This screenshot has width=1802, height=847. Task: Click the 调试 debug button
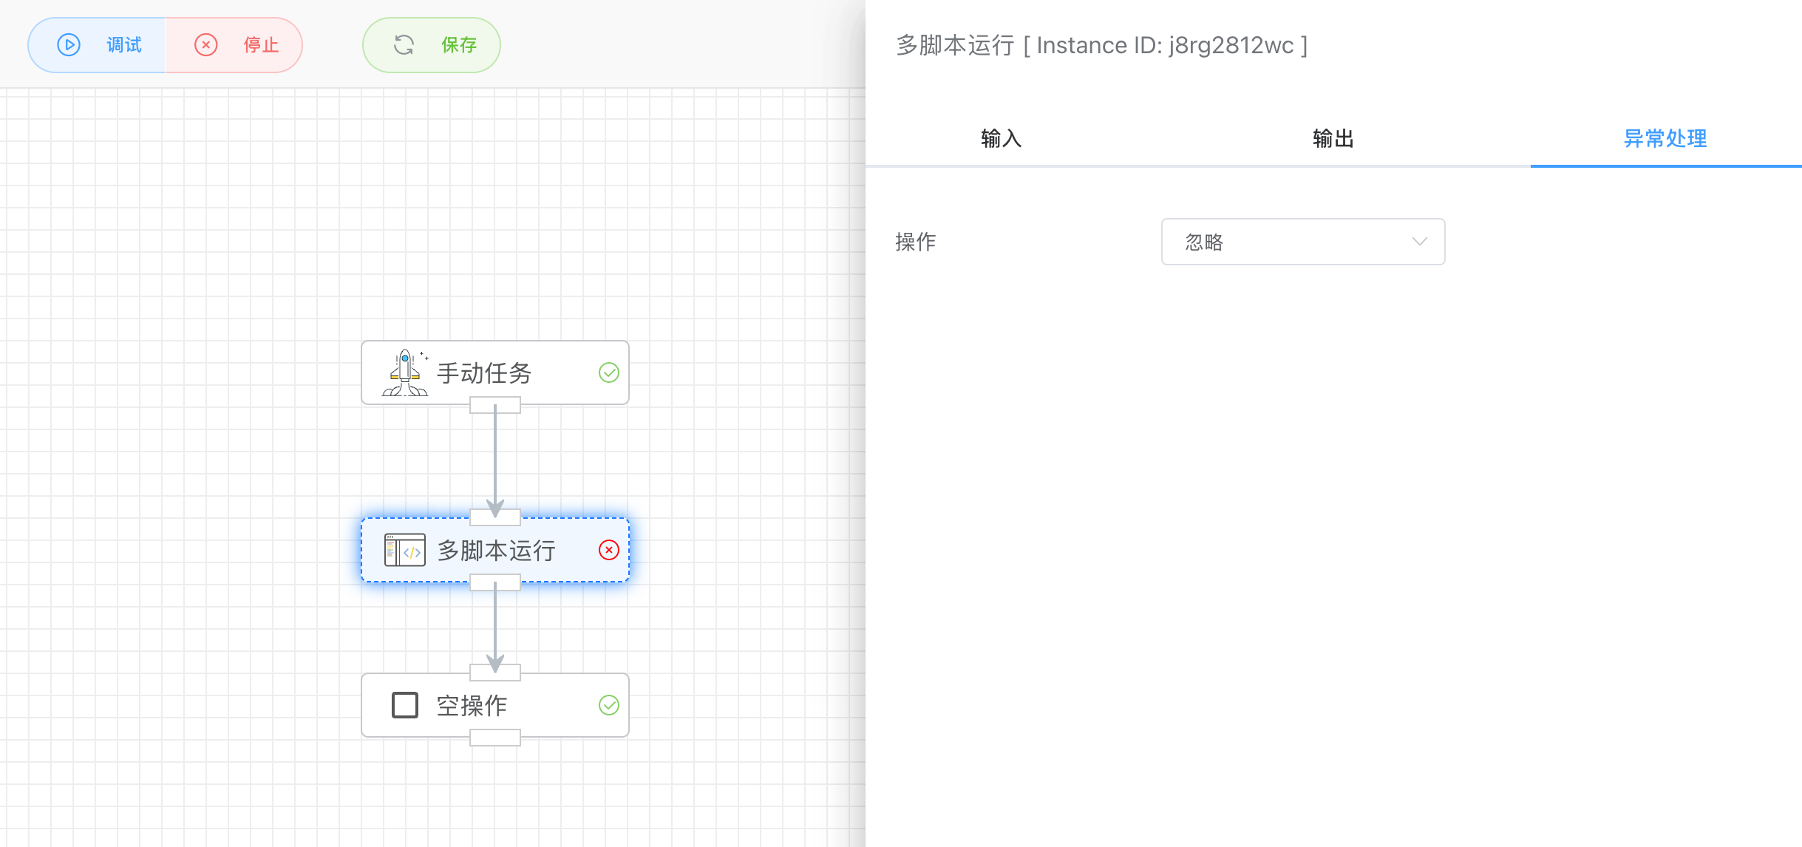pos(97,45)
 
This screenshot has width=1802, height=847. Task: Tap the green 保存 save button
pos(432,45)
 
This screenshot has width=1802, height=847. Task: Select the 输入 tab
pos(1001,138)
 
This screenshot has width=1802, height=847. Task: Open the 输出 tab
pos(1333,138)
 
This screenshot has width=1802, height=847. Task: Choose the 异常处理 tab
pos(1665,138)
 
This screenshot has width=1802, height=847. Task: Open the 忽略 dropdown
pos(1303,242)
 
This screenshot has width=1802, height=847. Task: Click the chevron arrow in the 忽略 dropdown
pos(1419,242)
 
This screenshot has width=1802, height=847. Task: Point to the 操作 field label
pos(915,242)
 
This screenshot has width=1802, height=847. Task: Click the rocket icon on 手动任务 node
pos(405,373)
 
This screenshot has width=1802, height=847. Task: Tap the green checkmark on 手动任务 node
pos(609,373)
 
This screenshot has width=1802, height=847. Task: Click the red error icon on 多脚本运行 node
pos(609,550)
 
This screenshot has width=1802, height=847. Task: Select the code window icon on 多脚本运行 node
pos(405,550)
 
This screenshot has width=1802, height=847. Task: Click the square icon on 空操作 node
pos(405,705)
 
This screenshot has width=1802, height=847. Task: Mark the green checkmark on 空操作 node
pos(609,705)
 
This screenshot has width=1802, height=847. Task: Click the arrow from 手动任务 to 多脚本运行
pos(495,461)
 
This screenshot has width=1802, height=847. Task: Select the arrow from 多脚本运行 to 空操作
pos(495,627)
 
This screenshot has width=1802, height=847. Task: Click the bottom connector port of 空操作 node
pos(495,738)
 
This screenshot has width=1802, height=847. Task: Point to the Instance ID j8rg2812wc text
pos(1166,46)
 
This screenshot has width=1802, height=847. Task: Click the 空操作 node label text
pos(472,706)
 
